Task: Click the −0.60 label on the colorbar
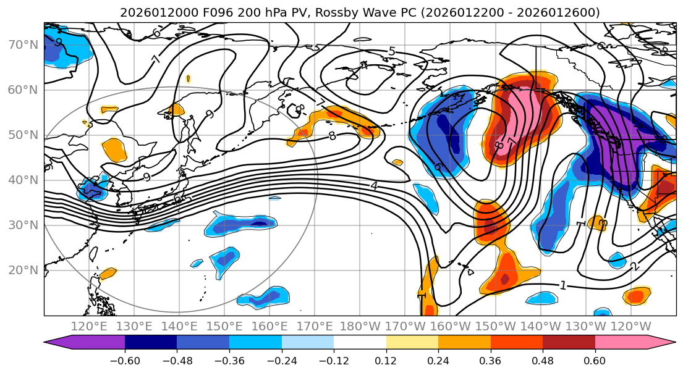[124, 360]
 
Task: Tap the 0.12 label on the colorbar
[386, 360]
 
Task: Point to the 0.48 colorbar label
[543, 360]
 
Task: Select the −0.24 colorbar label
[281, 360]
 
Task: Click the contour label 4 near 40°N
[374, 185]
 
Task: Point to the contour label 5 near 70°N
[391, 51]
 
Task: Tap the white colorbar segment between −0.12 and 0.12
[360, 342]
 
